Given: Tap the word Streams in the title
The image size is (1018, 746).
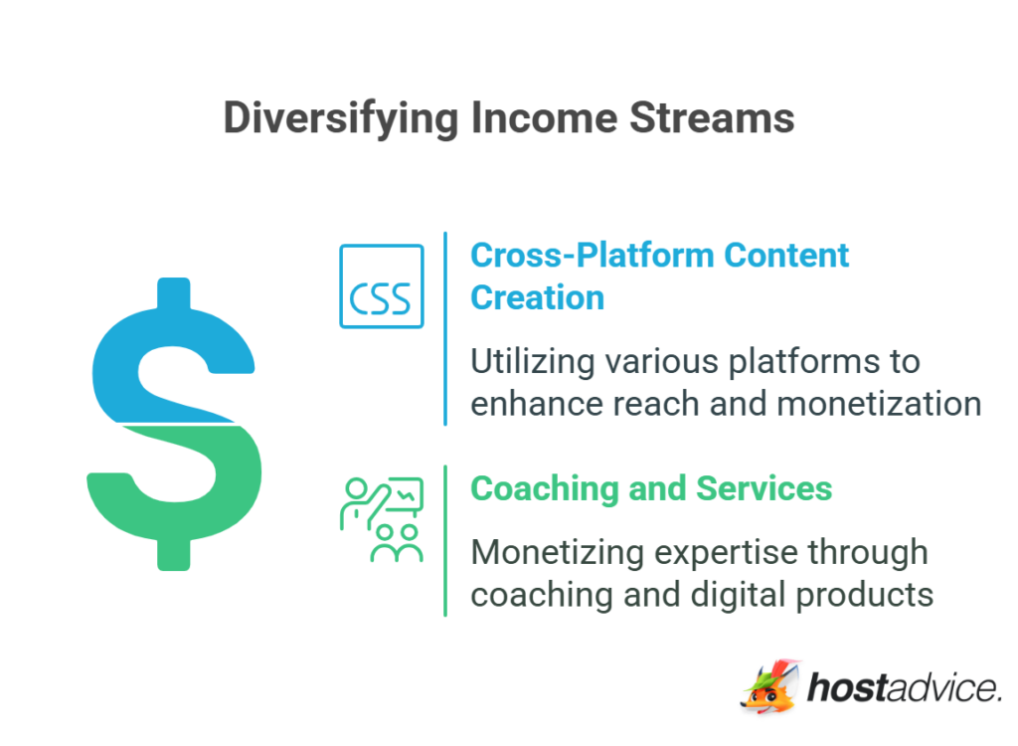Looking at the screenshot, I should point(714,117).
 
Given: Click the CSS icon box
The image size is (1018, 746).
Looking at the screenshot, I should point(382,286).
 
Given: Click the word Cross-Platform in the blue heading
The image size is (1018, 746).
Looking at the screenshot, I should point(593,256).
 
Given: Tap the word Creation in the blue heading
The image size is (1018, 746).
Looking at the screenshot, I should point(537,297).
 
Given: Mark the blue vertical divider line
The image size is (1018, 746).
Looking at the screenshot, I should point(445,328).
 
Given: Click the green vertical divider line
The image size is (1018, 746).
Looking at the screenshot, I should point(445,540).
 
